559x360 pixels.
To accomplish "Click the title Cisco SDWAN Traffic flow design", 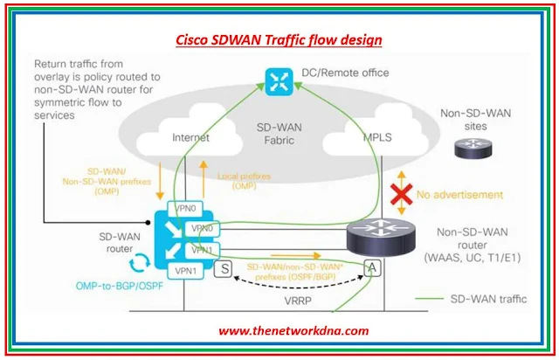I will (x=279, y=39).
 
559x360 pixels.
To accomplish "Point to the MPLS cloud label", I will (x=378, y=137).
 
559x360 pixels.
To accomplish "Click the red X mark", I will (x=401, y=195).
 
